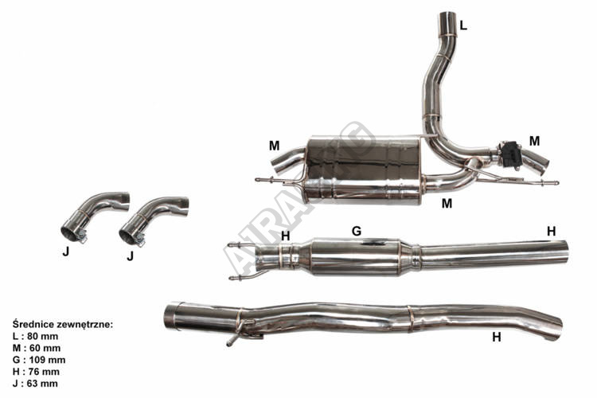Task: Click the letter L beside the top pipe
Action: [463, 25]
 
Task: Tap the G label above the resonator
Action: [357, 230]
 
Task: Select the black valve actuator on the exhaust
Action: [509, 153]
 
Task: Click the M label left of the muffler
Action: [274, 146]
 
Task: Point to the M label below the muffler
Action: [447, 203]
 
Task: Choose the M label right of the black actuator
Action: [534, 141]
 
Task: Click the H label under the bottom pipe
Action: [497, 337]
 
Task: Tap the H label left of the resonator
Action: [286, 236]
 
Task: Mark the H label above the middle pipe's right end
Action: [551, 231]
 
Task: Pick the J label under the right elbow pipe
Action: [128, 256]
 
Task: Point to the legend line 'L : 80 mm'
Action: [37, 337]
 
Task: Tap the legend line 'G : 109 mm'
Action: [40, 360]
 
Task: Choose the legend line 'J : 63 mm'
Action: [36, 383]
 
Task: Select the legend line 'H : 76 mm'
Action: [37, 372]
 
